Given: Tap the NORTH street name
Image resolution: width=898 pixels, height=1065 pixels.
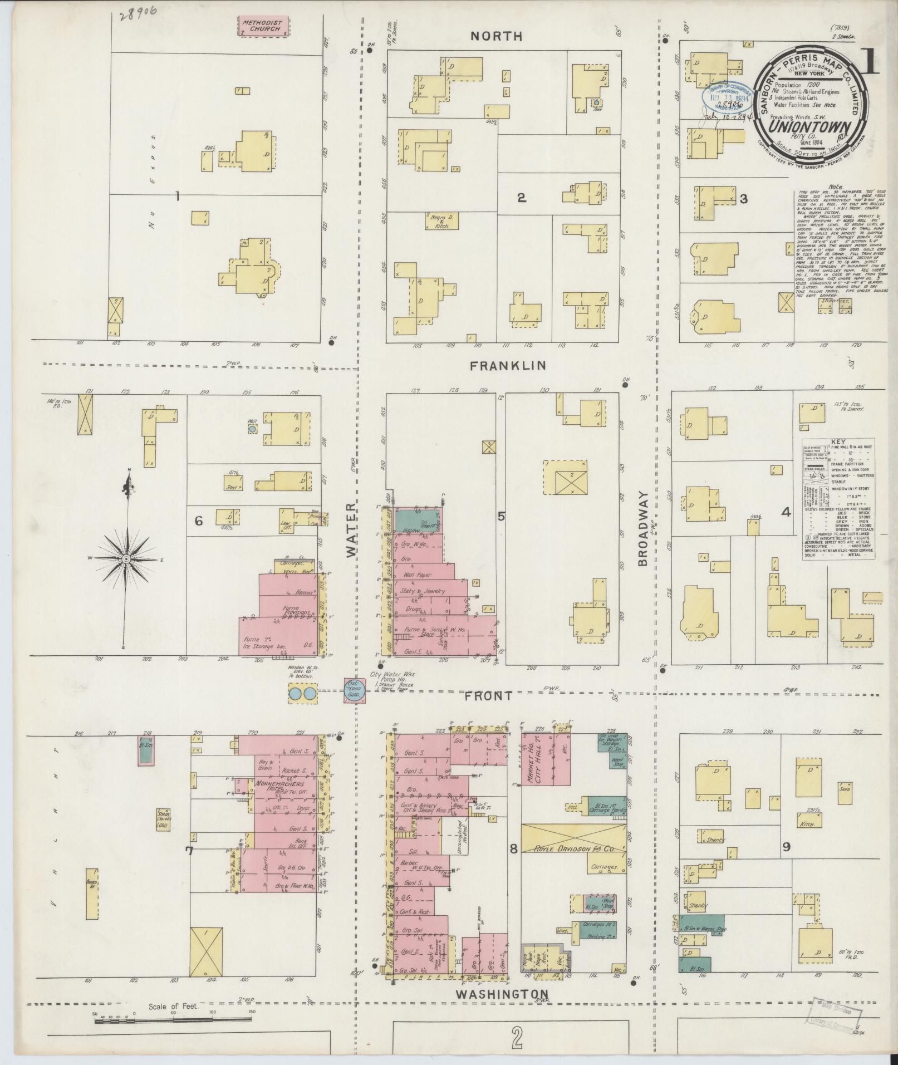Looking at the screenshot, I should pos(497,36).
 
